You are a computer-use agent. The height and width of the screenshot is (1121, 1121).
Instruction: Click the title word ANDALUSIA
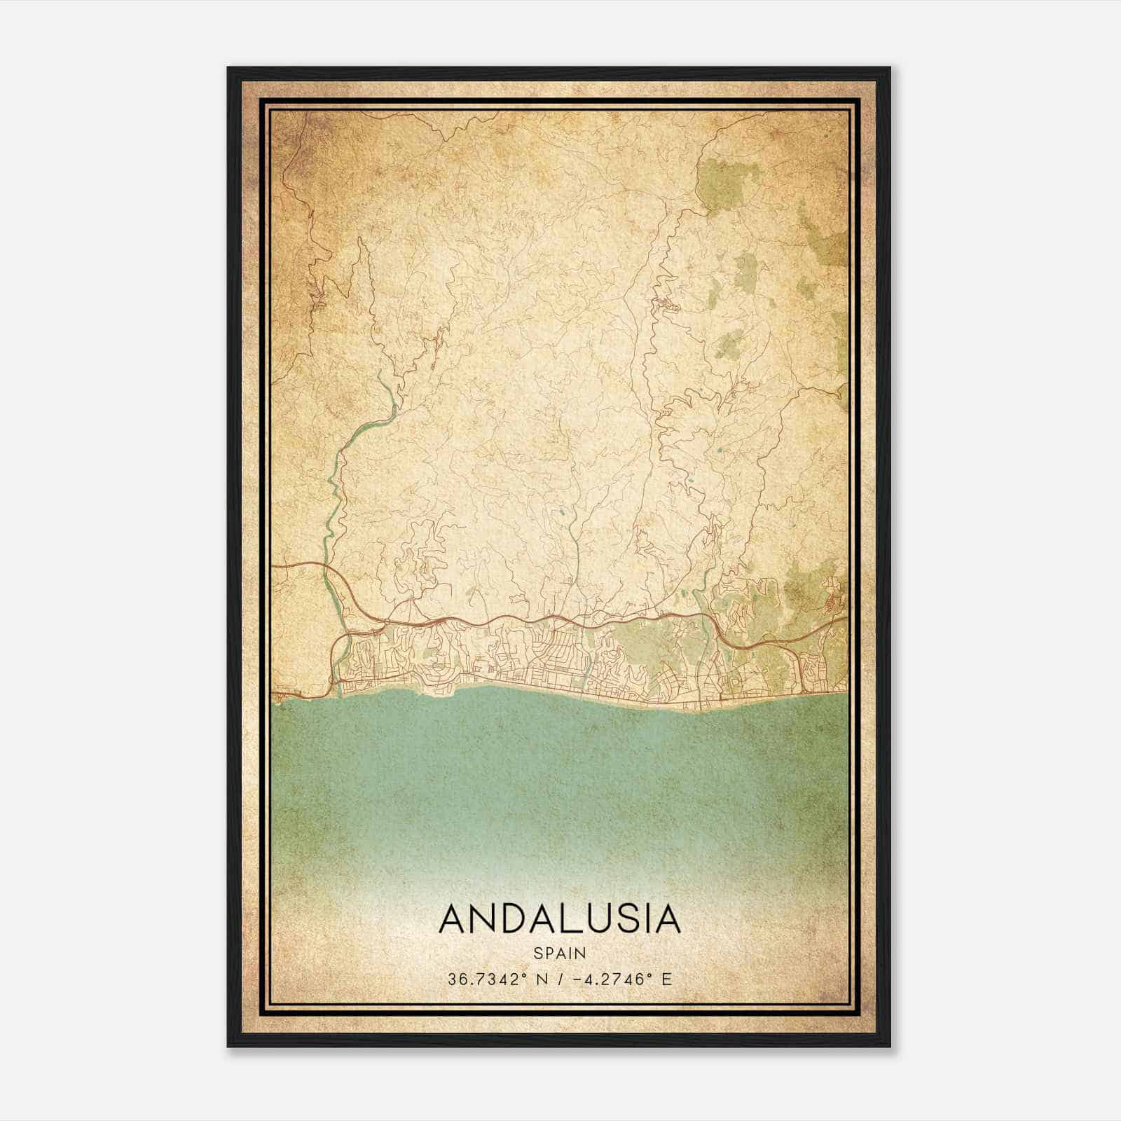tap(559, 919)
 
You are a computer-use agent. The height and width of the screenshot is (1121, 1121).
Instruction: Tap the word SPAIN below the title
tap(559, 953)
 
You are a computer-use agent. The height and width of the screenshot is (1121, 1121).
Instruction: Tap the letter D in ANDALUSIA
tap(512, 919)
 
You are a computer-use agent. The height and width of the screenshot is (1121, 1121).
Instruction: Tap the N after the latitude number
tap(539, 979)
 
